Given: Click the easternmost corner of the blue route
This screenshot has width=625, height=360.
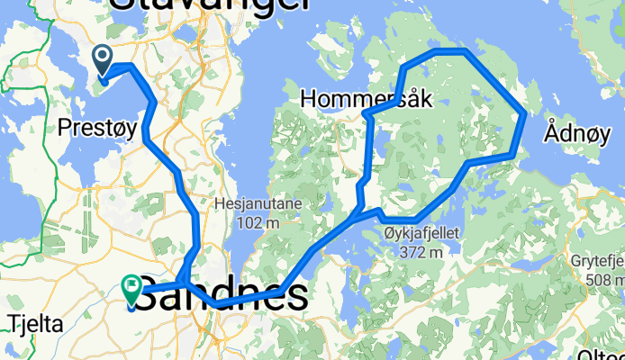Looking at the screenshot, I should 525,114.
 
